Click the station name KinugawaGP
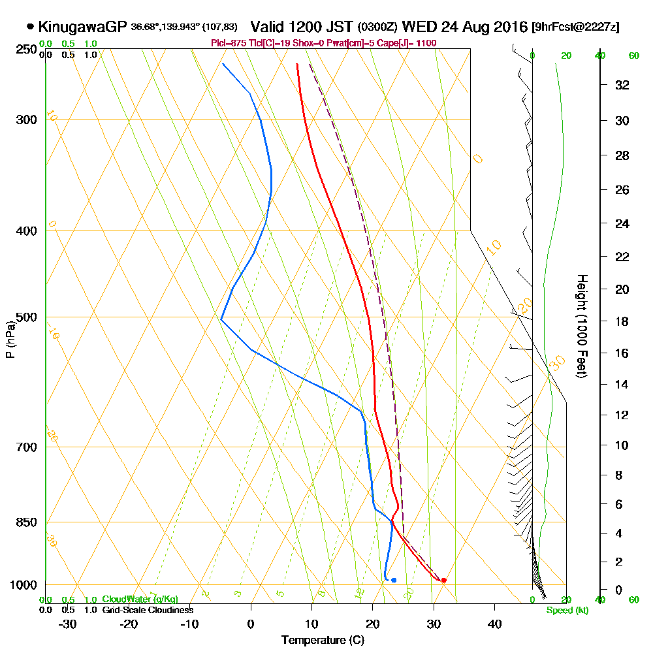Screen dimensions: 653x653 (x=82, y=27)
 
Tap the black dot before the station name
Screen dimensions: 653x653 (x=30, y=27)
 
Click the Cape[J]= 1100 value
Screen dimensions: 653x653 (x=409, y=43)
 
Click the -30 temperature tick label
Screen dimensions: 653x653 (x=68, y=624)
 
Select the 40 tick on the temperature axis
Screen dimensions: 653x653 (x=494, y=624)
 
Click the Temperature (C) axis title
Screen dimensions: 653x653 (x=323, y=641)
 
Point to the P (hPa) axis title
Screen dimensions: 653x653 (x=10, y=339)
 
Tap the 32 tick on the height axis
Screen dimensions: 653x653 (x=622, y=85)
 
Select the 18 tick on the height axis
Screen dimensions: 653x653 (x=622, y=321)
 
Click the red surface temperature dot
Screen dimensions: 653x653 (x=443, y=580)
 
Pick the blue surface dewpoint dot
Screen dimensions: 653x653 (x=393, y=580)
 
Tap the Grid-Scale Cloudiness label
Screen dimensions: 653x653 (x=148, y=610)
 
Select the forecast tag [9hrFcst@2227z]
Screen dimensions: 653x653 (x=575, y=27)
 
